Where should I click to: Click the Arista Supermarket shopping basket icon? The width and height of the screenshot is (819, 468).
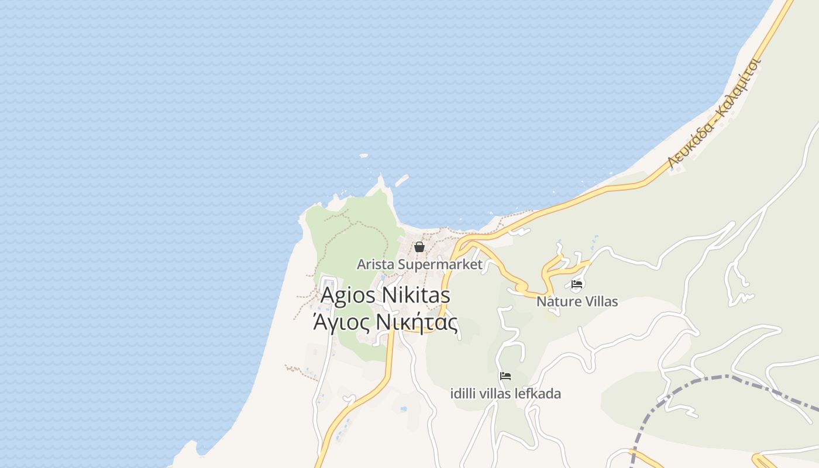[x=419, y=247]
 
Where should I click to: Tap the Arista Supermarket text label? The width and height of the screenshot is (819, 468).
[x=419, y=264]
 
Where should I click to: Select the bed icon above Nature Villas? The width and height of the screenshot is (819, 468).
[x=577, y=285]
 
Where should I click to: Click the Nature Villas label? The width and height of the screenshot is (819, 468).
[x=577, y=302]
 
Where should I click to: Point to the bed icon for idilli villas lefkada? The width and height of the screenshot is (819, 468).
[x=505, y=376]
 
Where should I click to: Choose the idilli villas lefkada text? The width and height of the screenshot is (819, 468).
[x=505, y=394]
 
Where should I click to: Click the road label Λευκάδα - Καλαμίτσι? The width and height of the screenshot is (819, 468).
[x=714, y=114]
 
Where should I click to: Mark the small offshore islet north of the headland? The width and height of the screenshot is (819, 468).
[x=364, y=156]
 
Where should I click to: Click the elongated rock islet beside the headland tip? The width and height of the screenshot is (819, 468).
[x=401, y=181]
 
